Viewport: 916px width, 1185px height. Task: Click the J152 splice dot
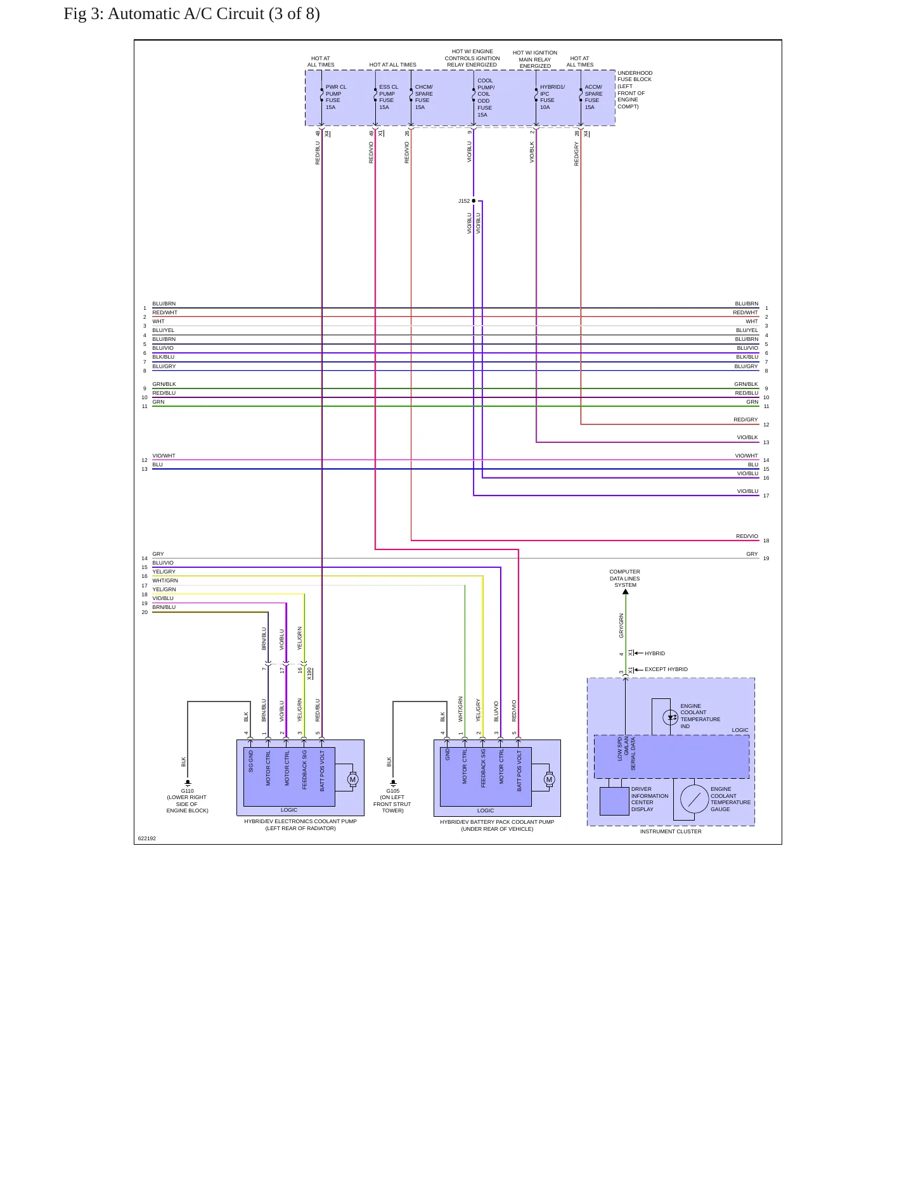(x=474, y=201)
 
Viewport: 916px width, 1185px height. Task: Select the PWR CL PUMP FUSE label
(x=336, y=97)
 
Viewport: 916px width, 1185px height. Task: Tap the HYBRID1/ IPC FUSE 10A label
(x=552, y=97)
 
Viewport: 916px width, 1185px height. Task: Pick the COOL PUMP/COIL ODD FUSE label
(x=486, y=98)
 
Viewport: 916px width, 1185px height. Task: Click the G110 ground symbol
(x=188, y=783)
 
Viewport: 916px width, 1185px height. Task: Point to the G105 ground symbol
(x=393, y=783)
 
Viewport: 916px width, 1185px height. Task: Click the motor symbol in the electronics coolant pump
(x=353, y=779)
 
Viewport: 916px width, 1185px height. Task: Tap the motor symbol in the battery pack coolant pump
(x=550, y=779)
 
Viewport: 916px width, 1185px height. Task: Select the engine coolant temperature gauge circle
(x=694, y=798)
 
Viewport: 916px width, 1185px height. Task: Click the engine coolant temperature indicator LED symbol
(x=671, y=717)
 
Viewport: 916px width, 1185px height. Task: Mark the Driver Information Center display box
(x=614, y=801)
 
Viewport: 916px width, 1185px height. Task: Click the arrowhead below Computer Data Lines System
(x=625, y=592)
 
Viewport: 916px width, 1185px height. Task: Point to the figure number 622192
(x=147, y=838)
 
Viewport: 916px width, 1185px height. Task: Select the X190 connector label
(x=309, y=673)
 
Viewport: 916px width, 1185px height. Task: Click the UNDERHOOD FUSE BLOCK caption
(x=635, y=89)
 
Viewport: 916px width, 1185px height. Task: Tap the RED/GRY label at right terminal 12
(x=745, y=420)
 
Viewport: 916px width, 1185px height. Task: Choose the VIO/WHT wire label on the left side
(x=164, y=456)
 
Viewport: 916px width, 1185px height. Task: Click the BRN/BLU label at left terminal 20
(x=164, y=607)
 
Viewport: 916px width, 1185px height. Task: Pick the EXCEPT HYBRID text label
(x=666, y=669)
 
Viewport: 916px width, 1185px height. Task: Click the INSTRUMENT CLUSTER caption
(x=671, y=831)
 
